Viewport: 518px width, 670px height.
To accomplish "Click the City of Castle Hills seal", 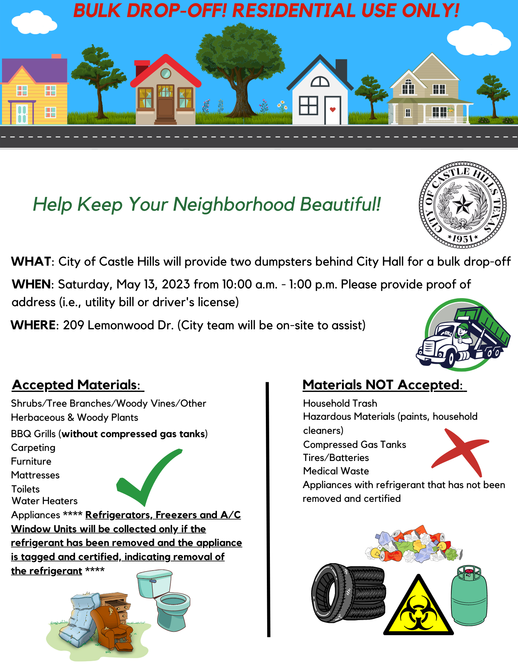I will click(x=462, y=205).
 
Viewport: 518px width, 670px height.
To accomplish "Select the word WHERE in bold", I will click(x=33, y=325).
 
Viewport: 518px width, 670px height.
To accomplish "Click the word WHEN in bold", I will click(x=31, y=284).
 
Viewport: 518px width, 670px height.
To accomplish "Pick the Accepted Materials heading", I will click(x=76, y=385).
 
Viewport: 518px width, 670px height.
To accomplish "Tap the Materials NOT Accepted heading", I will click(x=383, y=385).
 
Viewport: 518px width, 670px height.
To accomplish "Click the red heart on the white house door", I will click(x=333, y=110).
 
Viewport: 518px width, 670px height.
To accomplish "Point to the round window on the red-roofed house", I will click(x=165, y=73).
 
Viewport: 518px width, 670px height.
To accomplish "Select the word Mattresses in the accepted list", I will click(x=35, y=475).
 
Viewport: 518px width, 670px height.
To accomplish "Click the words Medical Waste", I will click(x=336, y=471).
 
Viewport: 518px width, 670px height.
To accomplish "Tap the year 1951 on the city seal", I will click(x=462, y=239).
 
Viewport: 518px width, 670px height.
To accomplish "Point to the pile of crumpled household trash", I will click(x=414, y=544).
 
